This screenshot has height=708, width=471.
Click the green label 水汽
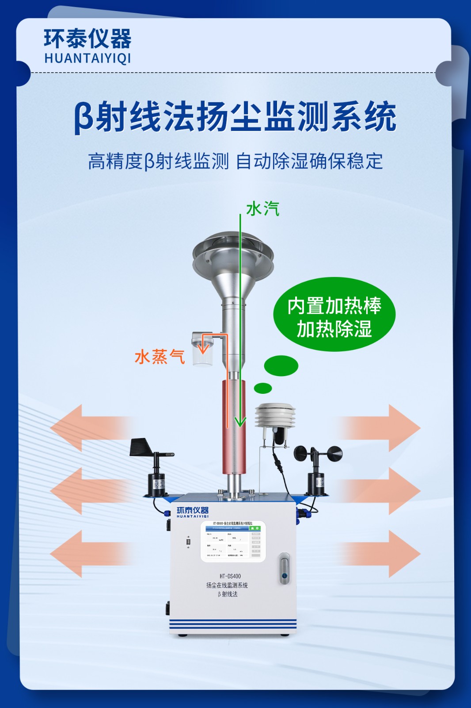click(x=263, y=209)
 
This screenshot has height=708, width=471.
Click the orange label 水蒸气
click(x=160, y=357)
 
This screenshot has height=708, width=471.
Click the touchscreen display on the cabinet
click(x=233, y=541)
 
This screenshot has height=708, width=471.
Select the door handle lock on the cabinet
click(x=284, y=568)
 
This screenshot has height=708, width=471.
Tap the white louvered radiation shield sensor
click(x=275, y=416)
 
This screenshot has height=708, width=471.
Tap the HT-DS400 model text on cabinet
click(x=230, y=576)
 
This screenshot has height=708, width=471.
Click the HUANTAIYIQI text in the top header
click(x=87, y=58)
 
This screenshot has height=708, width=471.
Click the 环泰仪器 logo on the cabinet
click(x=192, y=512)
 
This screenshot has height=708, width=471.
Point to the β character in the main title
click(x=84, y=117)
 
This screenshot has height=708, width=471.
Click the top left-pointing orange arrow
click(x=88, y=428)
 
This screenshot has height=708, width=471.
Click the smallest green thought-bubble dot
click(x=263, y=388)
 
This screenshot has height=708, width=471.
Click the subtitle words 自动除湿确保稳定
click(x=309, y=161)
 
